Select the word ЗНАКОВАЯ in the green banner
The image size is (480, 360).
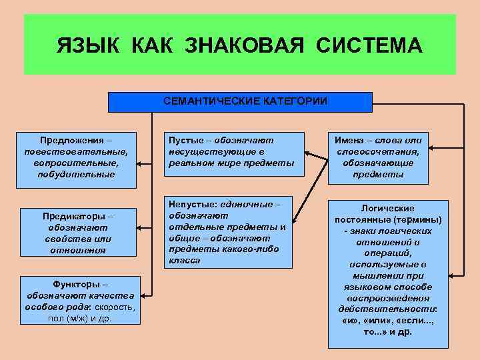coord(237,46)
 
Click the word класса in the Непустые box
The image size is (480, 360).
coord(185,260)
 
